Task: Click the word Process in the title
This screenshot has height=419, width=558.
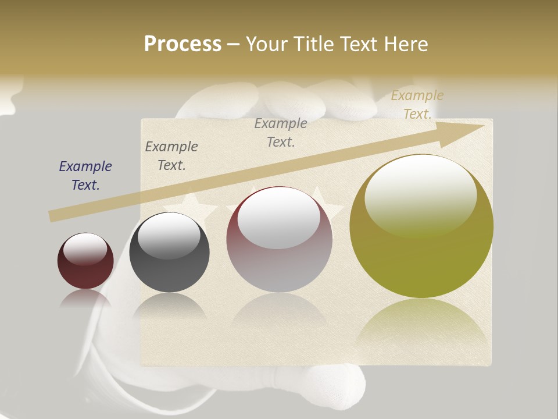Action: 183,44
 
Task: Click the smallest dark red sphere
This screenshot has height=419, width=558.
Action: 85,261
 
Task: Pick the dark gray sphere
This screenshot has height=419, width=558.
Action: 169,253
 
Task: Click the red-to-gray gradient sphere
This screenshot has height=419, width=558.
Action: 280,239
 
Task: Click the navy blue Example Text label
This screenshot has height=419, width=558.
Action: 85,176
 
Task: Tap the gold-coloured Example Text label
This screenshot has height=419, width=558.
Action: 417,105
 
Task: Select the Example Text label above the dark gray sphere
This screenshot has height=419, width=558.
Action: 171,156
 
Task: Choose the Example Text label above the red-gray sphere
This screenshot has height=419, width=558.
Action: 281,132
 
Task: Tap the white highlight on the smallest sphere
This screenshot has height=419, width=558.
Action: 85,248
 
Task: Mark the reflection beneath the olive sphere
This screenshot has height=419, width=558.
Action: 421,326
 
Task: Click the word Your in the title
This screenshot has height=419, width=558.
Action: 266,44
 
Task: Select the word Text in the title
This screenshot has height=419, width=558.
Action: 356,44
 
